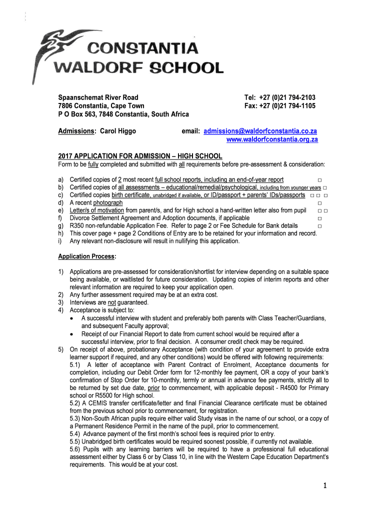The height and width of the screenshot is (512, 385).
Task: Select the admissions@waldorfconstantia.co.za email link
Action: pyautogui.click(x=259, y=131)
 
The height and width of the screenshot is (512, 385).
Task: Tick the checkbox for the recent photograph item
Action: pyautogui.click(x=319, y=203)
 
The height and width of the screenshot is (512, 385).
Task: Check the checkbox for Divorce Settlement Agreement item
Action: pyautogui.click(x=319, y=218)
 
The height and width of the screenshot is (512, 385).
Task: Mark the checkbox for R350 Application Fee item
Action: pyautogui.click(x=319, y=226)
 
